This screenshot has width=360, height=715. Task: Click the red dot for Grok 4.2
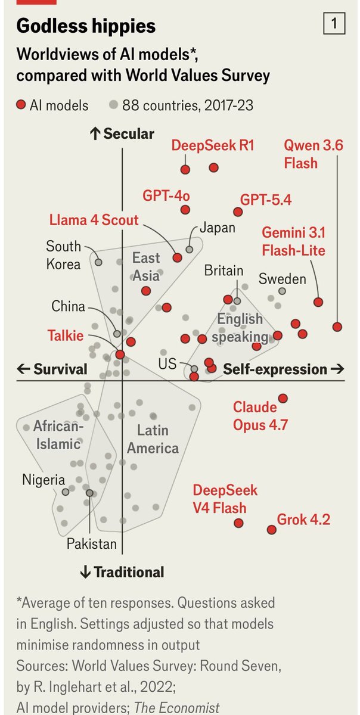tap(272, 530)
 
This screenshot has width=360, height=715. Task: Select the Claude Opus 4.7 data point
tap(283, 399)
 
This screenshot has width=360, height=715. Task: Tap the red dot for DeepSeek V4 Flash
tap(238, 523)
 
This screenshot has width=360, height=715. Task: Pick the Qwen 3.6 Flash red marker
tap(337, 327)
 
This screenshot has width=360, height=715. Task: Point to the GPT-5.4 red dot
tap(238, 212)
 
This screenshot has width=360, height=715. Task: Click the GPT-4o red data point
tap(185, 210)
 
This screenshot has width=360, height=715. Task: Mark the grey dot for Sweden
tap(282, 291)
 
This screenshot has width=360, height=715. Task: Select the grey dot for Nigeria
tap(66, 492)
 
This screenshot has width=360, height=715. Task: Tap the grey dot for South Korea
tap(99, 262)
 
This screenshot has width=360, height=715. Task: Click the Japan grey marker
tap(190, 249)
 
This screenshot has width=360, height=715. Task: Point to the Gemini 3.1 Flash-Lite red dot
tap(318, 302)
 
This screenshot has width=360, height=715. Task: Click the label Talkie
tap(66, 336)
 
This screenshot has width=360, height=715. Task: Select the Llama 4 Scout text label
tap(94, 220)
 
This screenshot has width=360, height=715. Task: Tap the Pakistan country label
tap(92, 544)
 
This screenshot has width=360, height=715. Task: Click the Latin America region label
tap(153, 440)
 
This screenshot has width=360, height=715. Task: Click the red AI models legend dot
tap(21, 105)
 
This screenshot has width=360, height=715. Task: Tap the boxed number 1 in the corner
tap(334, 23)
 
